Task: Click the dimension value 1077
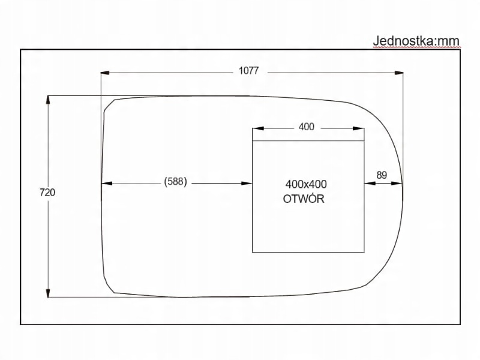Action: (248, 71)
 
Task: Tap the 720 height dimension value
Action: (47, 193)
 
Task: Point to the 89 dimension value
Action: (382, 175)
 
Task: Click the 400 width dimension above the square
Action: (306, 127)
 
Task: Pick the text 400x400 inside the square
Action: (310, 185)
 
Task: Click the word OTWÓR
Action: (304, 199)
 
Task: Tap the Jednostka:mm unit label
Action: (416, 41)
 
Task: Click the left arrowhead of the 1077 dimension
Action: (105, 73)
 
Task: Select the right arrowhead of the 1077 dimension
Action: (399, 73)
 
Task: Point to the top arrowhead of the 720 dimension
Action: (47, 100)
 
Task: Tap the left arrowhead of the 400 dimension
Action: (257, 128)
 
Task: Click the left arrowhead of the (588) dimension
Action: (106, 184)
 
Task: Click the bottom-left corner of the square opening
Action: (253, 251)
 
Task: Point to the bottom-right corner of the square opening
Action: (364, 251)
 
